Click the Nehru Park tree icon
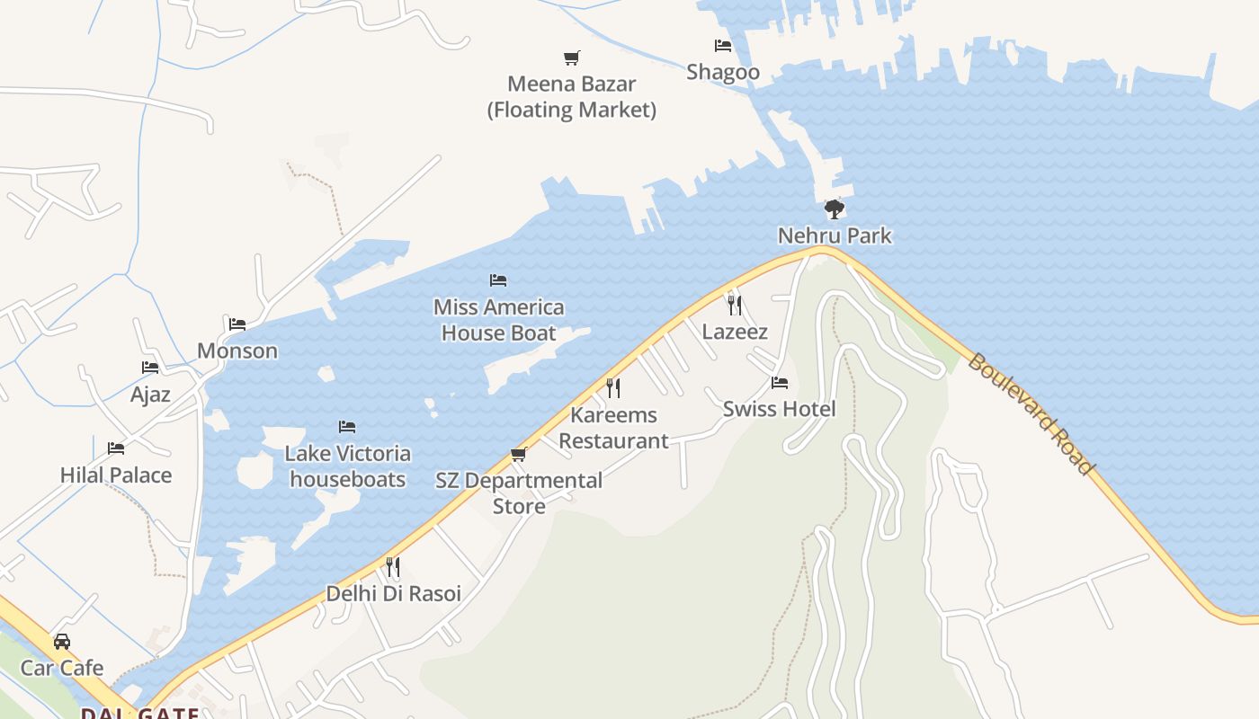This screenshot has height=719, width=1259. coord(835,209)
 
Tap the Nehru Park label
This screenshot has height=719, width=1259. coord(835,235)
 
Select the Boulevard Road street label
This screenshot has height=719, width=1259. coord(1031,413)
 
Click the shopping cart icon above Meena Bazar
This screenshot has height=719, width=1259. coord(572,58)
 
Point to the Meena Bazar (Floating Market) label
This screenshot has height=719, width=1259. coord(572,97)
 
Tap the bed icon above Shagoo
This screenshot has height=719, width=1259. coord(723,46)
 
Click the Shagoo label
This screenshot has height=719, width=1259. coord(723,72)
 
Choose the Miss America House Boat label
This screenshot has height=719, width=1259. coord(499,320)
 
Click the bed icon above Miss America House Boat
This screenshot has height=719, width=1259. coord(498,280)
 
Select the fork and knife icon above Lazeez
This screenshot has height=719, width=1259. coord(735,306)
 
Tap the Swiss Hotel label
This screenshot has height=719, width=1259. coord(779,409)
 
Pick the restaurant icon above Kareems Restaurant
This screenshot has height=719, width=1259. coord(613,388)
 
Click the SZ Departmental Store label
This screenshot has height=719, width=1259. coord(519,493)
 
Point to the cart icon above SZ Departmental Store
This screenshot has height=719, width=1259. coord(518,455)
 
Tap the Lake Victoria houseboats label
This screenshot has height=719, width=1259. coord(348,466)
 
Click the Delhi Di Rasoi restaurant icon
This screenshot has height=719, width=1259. coord(393,567)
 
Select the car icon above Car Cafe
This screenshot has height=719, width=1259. coord(62,642)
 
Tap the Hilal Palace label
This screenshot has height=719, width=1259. coord(116,475)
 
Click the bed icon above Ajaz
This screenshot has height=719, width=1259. coord(150,368)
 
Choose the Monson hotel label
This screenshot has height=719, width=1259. coord(237,351)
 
